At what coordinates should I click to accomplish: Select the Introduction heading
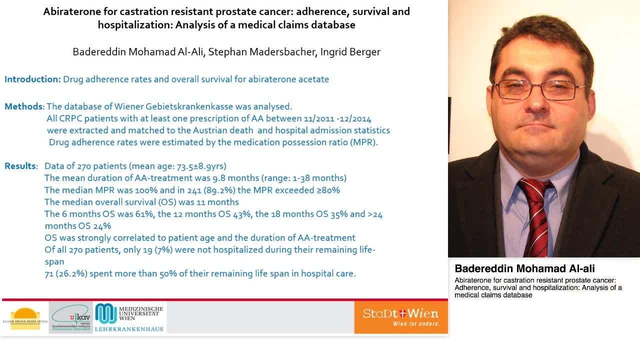click(x=32, y=79)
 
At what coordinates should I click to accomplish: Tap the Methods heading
click(x=23, y=106)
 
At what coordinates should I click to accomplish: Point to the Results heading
click(x=20, y=166)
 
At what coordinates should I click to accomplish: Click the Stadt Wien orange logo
click(x=401, y=317)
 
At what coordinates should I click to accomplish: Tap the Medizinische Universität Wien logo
click(x=129, y=317)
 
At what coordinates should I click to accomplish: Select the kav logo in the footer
click(x=71, y=317)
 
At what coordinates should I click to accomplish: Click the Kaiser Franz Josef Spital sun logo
click(x=24, y=318)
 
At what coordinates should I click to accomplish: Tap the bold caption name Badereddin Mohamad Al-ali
click(x=524, y=268)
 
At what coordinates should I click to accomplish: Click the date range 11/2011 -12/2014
click(x=337, y=118)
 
